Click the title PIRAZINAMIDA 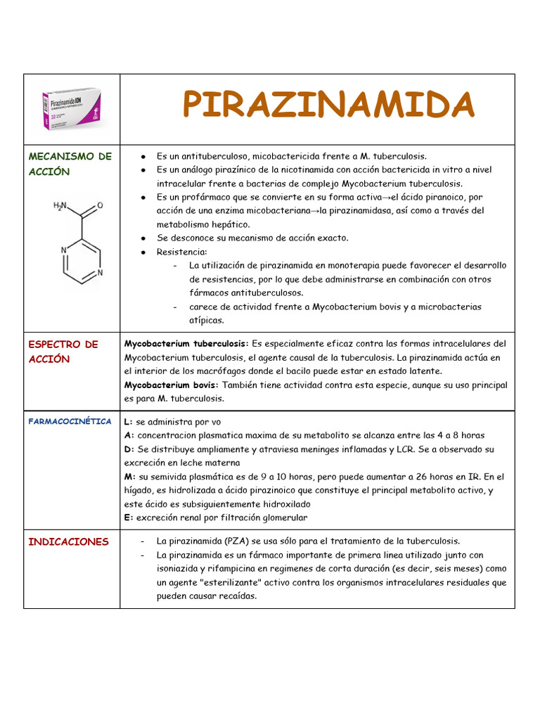328,105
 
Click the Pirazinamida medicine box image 72,109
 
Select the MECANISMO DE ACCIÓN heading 70,164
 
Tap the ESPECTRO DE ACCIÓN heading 63,351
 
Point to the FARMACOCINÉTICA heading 70,421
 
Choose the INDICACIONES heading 68,541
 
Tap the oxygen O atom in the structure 100,205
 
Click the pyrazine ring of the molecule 82,261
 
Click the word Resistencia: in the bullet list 182,252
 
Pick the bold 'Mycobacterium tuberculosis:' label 186,344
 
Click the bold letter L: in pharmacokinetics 128,422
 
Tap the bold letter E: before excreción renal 128,517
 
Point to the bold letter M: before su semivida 129,477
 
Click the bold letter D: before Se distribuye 129,449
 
